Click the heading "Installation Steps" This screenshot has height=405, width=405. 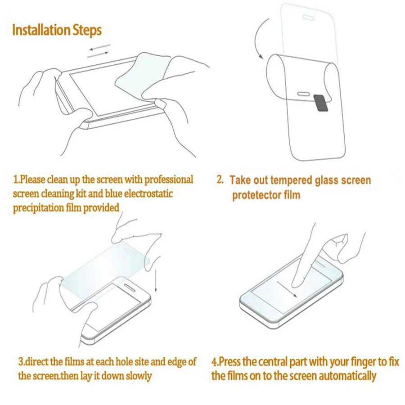tap(57, 30)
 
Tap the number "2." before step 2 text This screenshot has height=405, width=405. tap(220, 180)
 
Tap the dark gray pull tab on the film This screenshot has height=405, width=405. tap(321, 103)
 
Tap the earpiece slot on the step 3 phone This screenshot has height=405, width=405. tap(130, 287)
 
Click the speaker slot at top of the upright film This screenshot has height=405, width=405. tap(308, 17)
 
